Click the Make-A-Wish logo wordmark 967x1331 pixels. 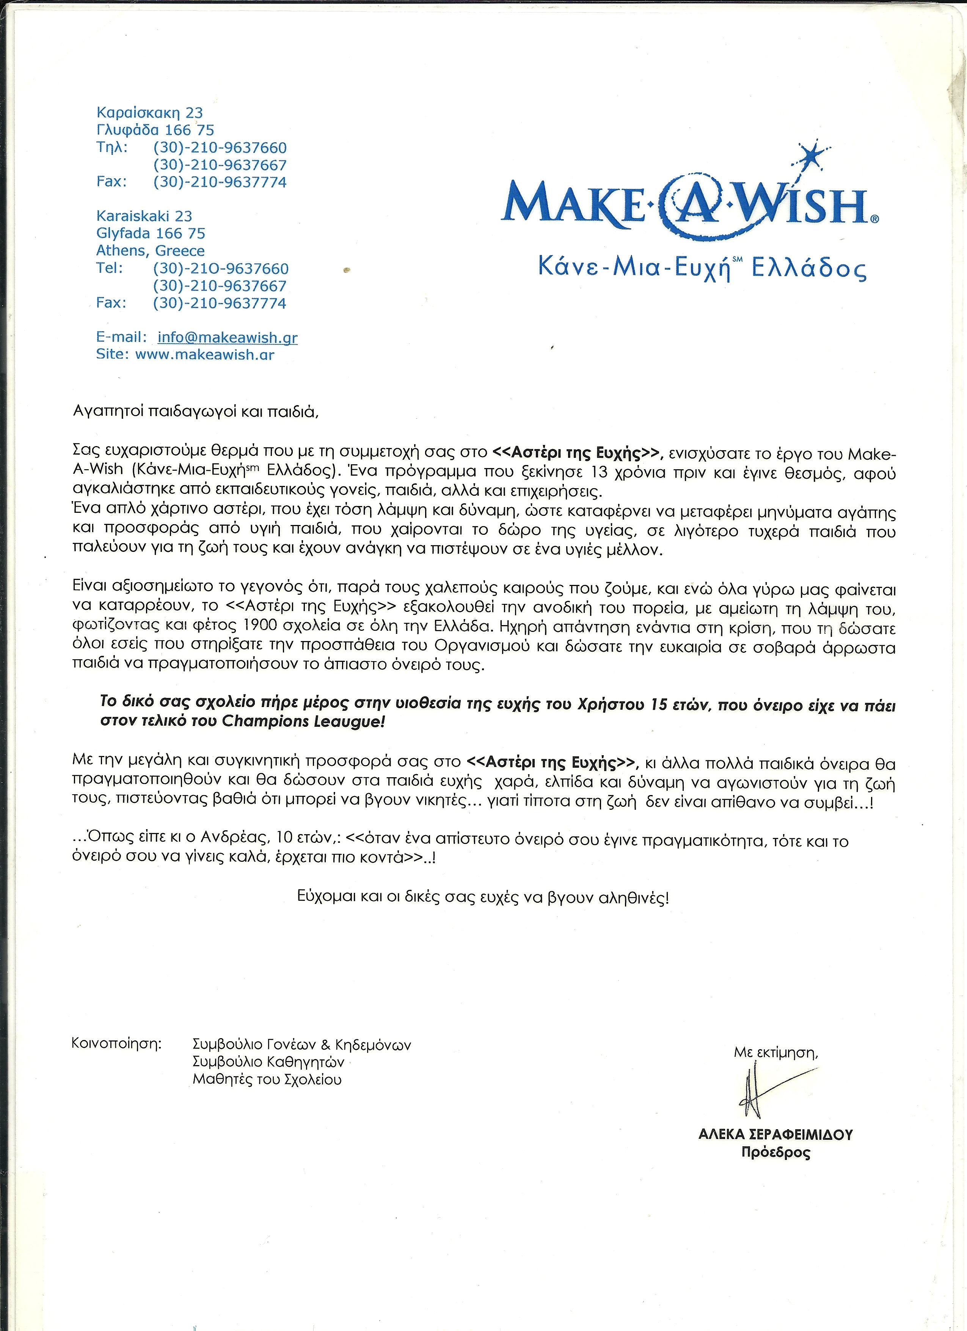coord(686,206)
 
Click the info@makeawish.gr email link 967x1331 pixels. coord(228,338)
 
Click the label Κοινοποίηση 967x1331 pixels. coord(116,1043)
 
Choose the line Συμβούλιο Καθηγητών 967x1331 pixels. coord(268,1062)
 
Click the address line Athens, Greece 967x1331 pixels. coord(150,251)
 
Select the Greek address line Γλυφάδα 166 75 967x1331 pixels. coord(155,130)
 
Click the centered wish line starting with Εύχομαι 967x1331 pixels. coord(482,897)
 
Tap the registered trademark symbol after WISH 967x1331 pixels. coord(875,218)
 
